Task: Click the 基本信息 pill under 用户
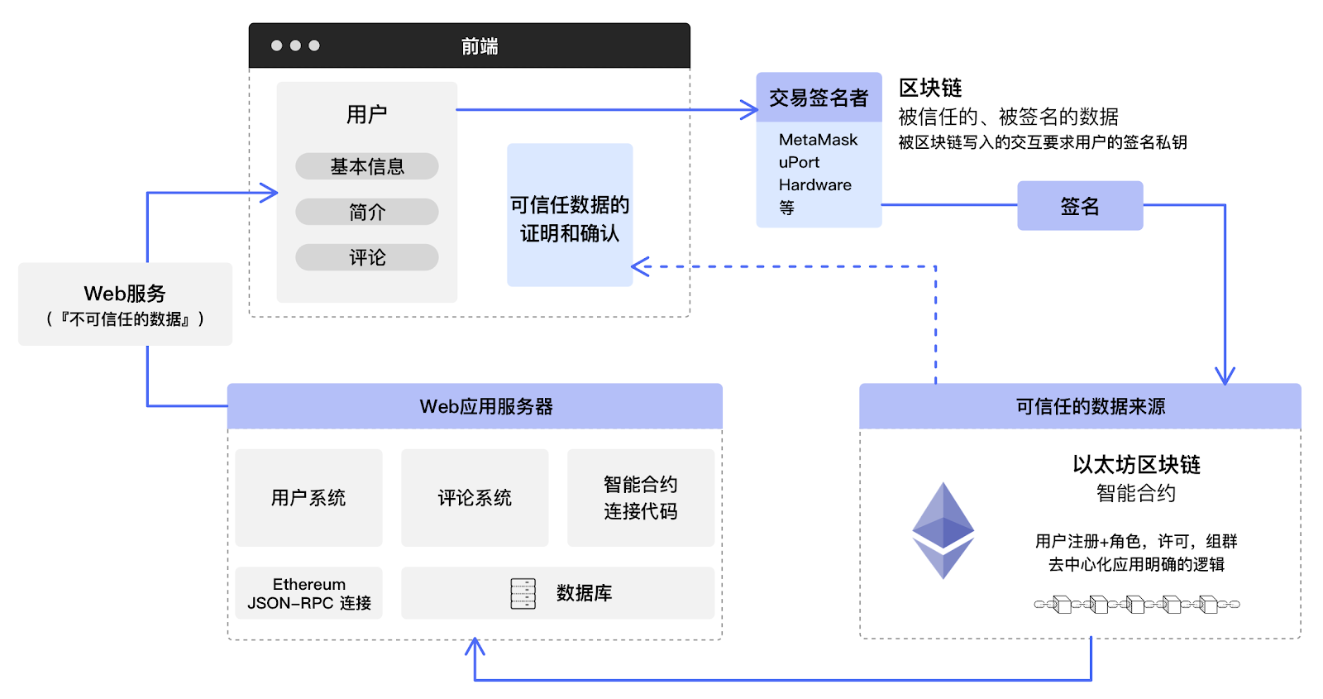pos(366,166)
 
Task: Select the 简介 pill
pos(366,212)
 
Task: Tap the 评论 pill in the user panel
pos(366,257)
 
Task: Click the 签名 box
pos(1080,206)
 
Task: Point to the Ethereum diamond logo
pos(943,530)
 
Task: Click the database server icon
pos(523,593)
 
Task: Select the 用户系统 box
pos(308,497)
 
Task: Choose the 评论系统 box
pos(475,497)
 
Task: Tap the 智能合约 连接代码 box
pos(641,497)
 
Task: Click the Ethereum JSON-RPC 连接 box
pos(308,593)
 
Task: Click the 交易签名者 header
pos(819,98)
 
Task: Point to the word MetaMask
pos(818,140)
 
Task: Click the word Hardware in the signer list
pos(814,184)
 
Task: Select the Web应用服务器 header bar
pos(475,406)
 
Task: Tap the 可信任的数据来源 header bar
pos(1080,406)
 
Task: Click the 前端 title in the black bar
pos(480,46)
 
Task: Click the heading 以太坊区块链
pos(1136,464)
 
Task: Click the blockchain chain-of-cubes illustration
pos(1136,605)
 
